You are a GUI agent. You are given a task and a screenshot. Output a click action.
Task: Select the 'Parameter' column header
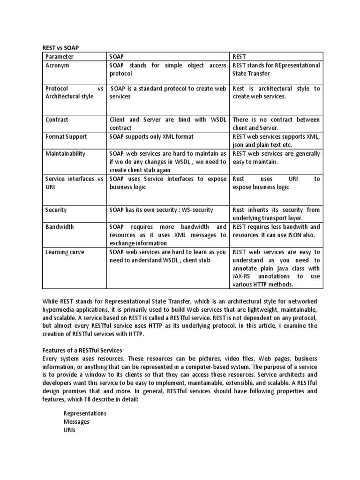60,57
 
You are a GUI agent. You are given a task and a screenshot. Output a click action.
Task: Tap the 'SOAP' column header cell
117,57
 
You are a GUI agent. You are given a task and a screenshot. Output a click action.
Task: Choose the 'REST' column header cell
240,57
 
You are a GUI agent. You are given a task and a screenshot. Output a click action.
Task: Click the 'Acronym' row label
57,66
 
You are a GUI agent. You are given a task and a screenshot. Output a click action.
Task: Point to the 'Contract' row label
57,120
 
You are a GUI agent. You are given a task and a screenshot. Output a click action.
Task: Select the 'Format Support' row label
66,136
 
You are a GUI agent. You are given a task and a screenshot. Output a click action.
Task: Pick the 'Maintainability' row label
65,153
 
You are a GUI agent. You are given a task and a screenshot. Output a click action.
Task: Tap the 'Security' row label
56,210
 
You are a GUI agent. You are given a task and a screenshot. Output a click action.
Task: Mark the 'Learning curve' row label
65,252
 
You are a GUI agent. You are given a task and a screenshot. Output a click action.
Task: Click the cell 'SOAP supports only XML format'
151,136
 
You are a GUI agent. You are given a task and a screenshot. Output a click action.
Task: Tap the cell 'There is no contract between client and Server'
276,124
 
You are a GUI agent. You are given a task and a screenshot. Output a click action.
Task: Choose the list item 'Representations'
85,413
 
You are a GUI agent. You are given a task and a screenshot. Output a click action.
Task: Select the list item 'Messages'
76,421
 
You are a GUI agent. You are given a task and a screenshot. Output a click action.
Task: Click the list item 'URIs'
69,429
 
